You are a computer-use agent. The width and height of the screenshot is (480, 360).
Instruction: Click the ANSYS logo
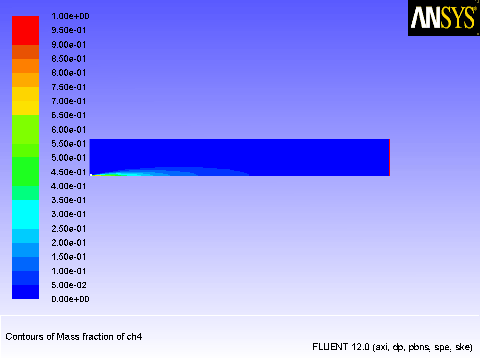click(x=443, y=18)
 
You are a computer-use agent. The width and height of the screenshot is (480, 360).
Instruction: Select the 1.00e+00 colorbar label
click(x=70, y=16)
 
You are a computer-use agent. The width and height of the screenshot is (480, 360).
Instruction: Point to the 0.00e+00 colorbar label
click(x=70, y=299)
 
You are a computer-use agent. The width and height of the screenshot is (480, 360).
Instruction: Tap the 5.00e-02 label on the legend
click(x=69, y=285)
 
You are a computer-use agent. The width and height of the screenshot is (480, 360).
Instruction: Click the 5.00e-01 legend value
click(x=69, y=158)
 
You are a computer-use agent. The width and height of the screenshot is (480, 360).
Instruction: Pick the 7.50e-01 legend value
click(x=69, y=87)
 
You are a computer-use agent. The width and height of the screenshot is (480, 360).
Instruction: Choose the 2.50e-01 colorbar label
click(x=69, y=228)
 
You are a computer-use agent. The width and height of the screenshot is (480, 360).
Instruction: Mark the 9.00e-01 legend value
click(x=69, y=44)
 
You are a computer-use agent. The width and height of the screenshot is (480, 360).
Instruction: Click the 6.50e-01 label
click(x=69, y=115)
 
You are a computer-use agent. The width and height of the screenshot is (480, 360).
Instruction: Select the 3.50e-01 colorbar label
click(x=69, y=200)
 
